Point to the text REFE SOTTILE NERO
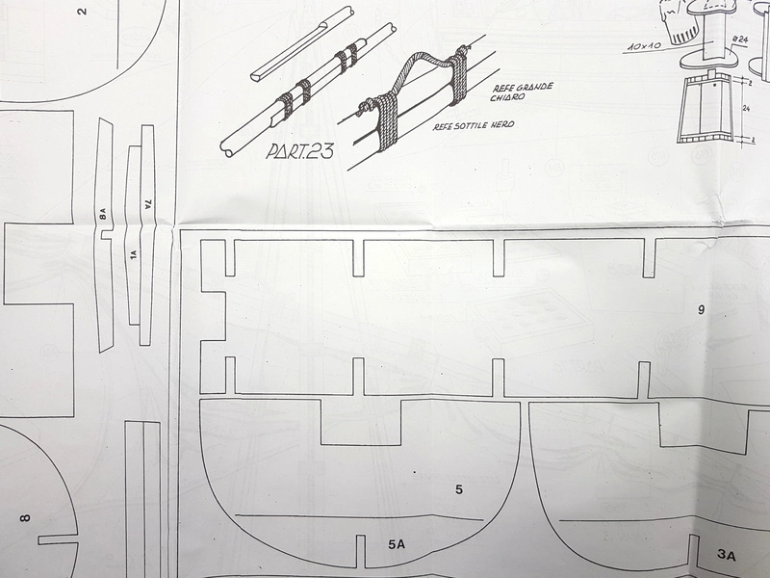click(472, 125)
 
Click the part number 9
click(702, 309)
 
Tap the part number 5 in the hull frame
click(459, 489)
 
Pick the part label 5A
click(397, 545)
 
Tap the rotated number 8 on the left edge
click(25, 517)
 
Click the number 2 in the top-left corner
click(81, 12)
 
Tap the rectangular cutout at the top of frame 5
click(360, 422)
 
